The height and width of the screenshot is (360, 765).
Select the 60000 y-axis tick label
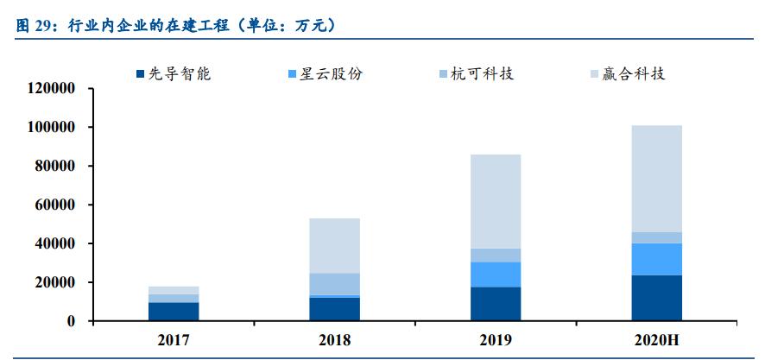[x=55, y=205]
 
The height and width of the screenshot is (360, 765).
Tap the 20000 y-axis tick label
[x=55, y=282]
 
